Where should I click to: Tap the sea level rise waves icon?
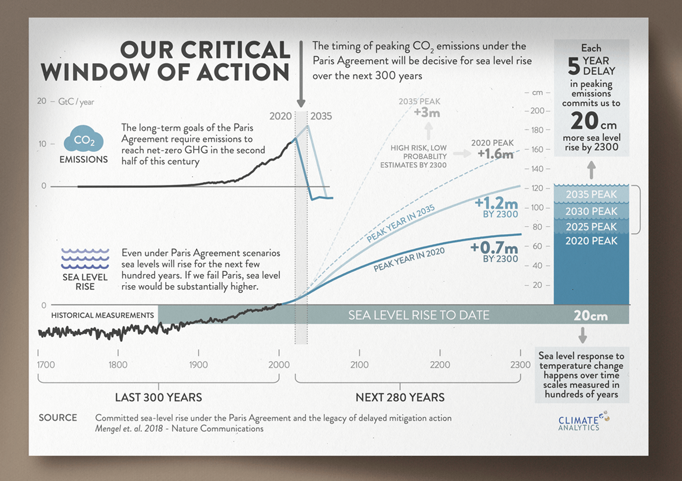click(x=85, y=256)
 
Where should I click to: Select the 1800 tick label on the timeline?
click(x=118, y=365)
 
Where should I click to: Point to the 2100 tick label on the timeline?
click(x=359, y=365)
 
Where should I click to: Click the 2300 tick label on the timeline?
click(x=520, y=365)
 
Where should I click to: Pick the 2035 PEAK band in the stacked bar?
click(x=591, y=195)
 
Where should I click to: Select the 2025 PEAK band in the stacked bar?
click(x=591, y=227)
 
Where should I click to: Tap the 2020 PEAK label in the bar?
click(x=591, y=241)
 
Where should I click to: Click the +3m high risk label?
click(x=427, y=112)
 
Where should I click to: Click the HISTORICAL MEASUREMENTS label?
click(x=103, y=315)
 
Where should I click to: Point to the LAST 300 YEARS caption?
click(x=158, y=398)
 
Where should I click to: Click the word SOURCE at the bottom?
click(x=58, y=418)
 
